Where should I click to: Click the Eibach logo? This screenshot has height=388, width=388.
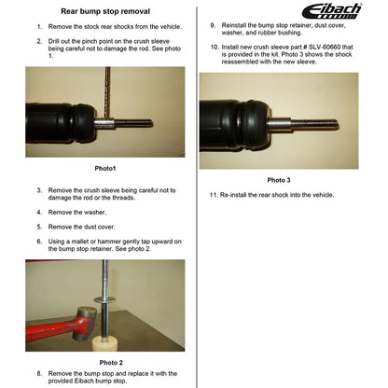[x=332, y=11]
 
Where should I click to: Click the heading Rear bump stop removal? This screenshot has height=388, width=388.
[x=105, y=11]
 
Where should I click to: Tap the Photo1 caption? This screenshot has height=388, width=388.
[x=105, y=168]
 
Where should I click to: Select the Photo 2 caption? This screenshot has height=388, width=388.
[x=111, y=363]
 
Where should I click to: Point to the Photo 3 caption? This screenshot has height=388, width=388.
[x=279, y=180]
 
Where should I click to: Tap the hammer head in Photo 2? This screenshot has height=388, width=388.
[x=84, y=323]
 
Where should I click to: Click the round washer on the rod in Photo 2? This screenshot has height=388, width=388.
[x=105, y=300]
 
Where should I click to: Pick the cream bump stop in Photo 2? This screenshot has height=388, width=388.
[x=106, y=344]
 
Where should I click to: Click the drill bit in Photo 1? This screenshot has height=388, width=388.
[x=107, y=92]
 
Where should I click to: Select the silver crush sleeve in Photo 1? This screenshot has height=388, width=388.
[x=104, y=123]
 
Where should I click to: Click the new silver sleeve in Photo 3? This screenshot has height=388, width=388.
[x=279, y=125]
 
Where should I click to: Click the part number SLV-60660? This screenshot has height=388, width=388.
[x=325, y=48]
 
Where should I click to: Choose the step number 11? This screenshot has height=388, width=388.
[x=214, y=195]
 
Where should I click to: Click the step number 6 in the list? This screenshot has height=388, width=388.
[x=39, y=242]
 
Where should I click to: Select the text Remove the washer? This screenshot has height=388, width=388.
[x=77, y=213]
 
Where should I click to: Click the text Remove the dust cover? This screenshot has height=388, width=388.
[x=81, y=227]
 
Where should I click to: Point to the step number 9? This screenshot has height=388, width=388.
[x=213, y=25]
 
